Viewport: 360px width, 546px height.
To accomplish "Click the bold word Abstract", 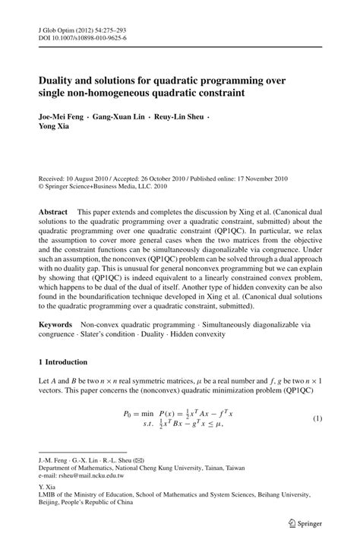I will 52,210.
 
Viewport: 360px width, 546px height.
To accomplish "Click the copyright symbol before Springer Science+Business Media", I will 42,183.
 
